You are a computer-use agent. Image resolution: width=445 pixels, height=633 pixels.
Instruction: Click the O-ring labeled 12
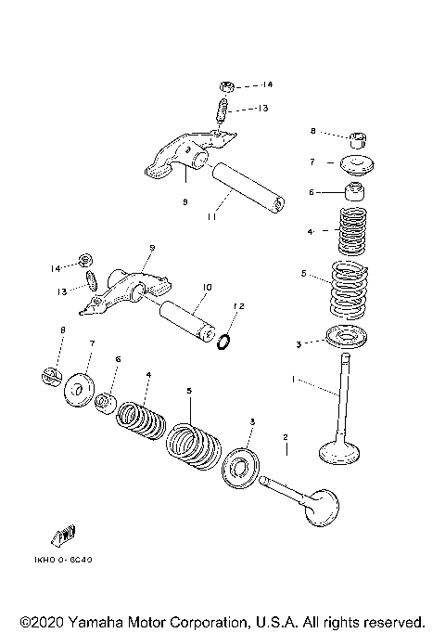tap(223, 344)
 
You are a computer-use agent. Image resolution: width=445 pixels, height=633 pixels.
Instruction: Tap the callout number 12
tap(238, 306)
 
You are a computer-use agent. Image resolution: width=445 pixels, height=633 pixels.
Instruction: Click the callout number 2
tap(286, 436)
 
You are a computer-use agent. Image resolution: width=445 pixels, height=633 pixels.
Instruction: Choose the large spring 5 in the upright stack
tap(350, 289)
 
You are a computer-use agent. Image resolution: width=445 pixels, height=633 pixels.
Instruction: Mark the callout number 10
tap(206, 288)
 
